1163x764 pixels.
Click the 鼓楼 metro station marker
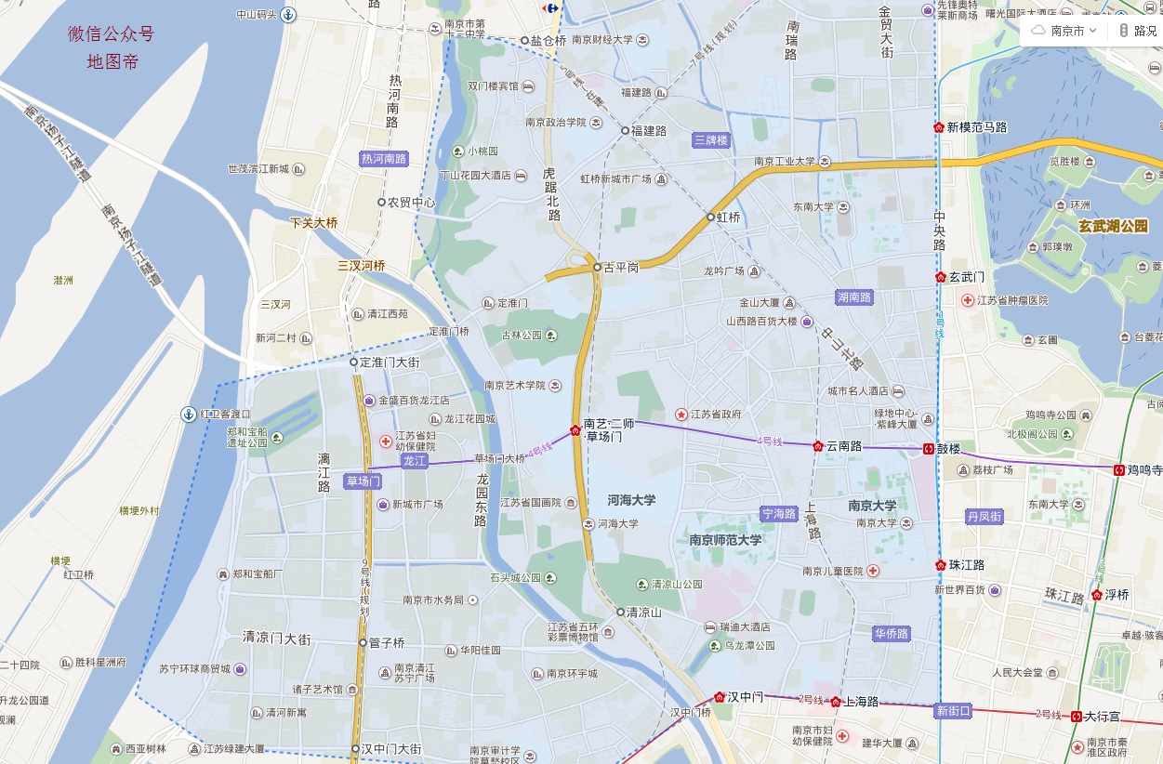[x=928, y=449]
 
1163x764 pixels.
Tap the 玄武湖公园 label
[x=1113, y=226]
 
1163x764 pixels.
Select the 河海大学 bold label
[x=631, y=500]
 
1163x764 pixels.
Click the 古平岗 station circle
[x=598, y=268]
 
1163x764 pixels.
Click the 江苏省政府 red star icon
[x=681, y=415]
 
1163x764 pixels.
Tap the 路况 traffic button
[x=1137, y=31]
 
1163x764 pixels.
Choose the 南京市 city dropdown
[x=1065, y=31]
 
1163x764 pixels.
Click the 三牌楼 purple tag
[x=711, y=140]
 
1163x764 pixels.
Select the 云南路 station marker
[x=818, y=446]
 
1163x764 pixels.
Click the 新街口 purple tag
[x=952, y=711]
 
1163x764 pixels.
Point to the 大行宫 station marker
[x=1076, y=717]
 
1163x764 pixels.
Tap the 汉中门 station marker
[x=719, y=697]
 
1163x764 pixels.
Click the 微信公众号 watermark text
[x=111, y=35]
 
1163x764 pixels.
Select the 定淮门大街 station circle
[x=353, y=362]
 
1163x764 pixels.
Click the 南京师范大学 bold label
[x=725, y=540]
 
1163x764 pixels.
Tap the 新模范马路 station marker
[x=939, y=127]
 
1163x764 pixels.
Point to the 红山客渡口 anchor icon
[x=189, y=414]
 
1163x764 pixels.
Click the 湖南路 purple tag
[x=853, y=297]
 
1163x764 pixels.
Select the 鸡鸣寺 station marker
[x=1118, y=470]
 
